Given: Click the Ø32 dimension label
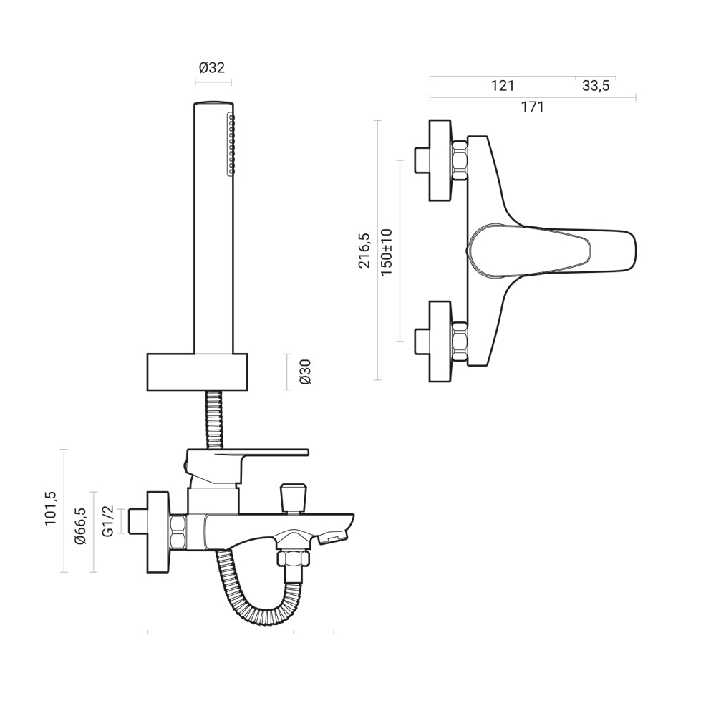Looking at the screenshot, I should pyautogui.click(x=212, y=68).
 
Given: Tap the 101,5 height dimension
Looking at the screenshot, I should pyautogui.click(x=51, y=509).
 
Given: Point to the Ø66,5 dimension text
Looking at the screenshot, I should pyautogui.click(x=80, y=526).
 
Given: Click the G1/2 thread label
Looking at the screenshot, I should pyautogui.click(x=108, y=521).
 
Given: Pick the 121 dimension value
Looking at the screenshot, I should pyautogui.click(x=503, y=86).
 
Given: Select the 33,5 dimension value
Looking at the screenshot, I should pyautogui.click(x=596, y=86).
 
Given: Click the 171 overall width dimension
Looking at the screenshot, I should pyautogui.click(x=532, y=107).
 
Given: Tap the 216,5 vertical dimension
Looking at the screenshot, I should pyautogui.click(x=363, y=251).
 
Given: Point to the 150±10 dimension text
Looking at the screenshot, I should pyautogui.click(x=387, y=253).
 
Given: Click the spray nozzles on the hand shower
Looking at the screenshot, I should pyautogui.click(x=231, y=144).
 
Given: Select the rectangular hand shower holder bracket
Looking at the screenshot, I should pyautogui.click(x=197, y=372).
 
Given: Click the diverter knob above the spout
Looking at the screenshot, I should pyautogui.click(x=292, y=497).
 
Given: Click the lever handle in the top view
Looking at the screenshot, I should pyautogui.click(x=551, y=251).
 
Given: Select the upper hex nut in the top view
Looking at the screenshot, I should pyautogui.click(x=459, y=159).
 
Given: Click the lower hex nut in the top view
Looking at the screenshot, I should pyautogui.click(x=459, y=342).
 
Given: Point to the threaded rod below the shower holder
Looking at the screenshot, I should pyautogui.click(x=214, y=419).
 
